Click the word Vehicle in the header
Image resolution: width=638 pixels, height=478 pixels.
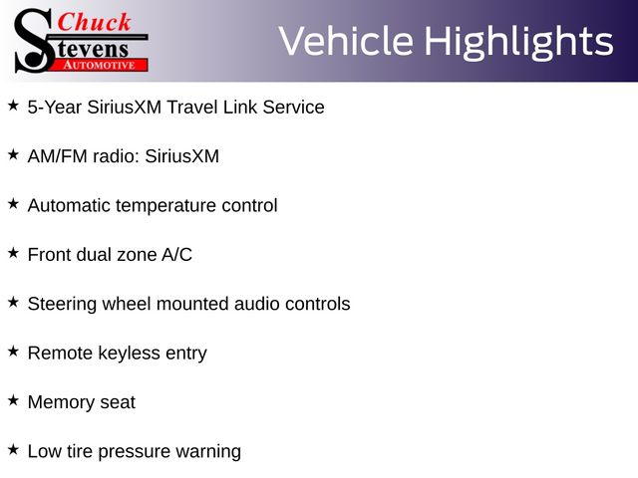click(346, 41)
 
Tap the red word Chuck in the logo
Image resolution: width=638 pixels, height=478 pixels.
click(94, 22)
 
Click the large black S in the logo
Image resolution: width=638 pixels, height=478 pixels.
click(34, 41)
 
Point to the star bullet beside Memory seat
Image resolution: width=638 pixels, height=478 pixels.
click(13, 400)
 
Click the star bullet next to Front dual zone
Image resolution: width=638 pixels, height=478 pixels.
click(13, 253)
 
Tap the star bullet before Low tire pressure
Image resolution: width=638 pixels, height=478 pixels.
click(13, 449)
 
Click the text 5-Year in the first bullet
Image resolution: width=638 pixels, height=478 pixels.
click(55, 108)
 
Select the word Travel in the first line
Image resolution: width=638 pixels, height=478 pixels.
click(191, 108)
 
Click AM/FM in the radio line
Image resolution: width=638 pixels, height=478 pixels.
click(58, 156)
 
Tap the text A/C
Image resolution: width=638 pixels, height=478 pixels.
click(177, 255)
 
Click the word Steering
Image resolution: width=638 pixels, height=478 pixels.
click(62, 305)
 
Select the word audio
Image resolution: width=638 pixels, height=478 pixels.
click(257, 304)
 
